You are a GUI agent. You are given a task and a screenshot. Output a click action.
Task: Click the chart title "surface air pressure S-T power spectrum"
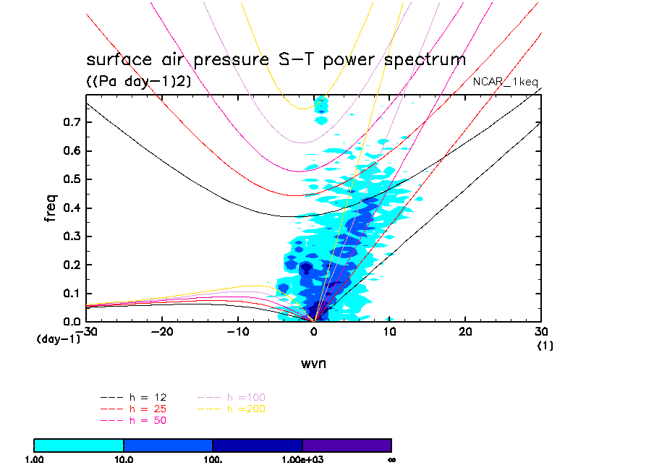pos(276,59)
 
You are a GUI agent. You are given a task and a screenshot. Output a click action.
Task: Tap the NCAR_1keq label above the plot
pos(505,82)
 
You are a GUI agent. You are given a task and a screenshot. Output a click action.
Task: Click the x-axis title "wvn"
pos(313,364)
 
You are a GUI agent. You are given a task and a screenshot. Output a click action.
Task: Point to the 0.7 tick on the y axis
pos(69,122)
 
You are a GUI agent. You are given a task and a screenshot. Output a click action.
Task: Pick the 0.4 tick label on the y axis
pos(69,208)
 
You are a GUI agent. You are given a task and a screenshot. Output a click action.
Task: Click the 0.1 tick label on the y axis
pos(69,293)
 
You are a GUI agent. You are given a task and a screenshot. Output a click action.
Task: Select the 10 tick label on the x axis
pos(389,331)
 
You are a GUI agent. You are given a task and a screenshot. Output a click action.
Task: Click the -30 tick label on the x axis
pos(88,331)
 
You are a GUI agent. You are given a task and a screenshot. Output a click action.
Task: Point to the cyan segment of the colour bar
pos(79,445)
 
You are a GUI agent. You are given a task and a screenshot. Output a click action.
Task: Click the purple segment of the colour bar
pos(347,445)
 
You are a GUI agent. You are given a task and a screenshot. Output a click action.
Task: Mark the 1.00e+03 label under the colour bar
pos(302,459)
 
